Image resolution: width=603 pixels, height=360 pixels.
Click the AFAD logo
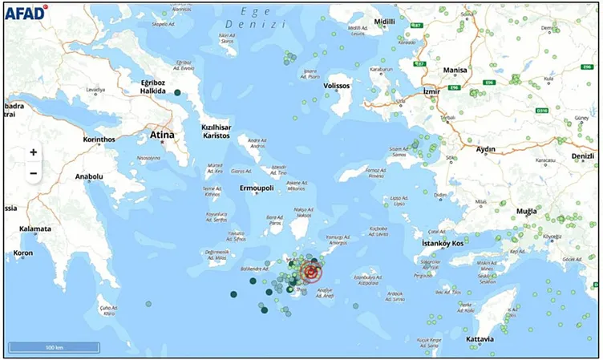tap(26, 11)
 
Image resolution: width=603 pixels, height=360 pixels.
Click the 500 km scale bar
tap(54, 347)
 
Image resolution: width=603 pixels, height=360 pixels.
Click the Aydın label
tap(486, 149)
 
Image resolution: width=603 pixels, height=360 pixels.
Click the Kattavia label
tap(480, 339)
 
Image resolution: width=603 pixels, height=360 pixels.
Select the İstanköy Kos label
tap(443, 243)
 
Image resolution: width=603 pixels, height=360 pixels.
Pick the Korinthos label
tap(99, 139)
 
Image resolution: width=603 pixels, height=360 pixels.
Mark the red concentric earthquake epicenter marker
tap(310, 274)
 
